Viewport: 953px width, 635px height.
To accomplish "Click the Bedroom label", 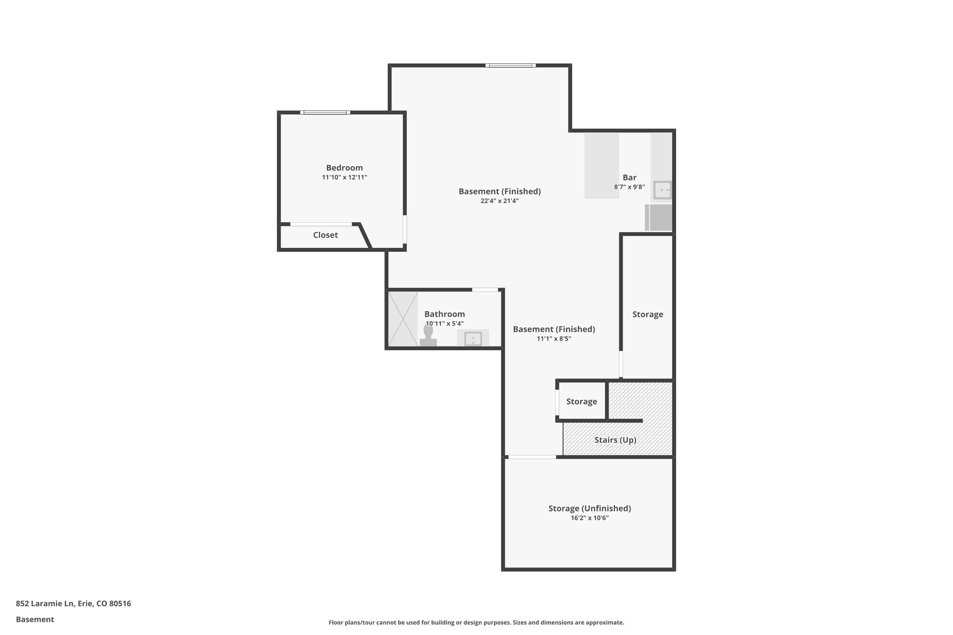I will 344,168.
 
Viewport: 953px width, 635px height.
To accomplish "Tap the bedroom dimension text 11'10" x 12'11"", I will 344,178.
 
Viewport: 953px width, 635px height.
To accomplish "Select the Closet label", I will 325,235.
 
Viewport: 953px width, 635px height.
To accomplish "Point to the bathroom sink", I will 473,339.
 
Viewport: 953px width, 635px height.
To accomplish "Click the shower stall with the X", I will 403,319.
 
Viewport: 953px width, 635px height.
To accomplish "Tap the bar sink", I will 662,190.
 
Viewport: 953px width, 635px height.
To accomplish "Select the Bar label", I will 629,178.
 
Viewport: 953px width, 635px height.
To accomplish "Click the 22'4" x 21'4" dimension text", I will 499,201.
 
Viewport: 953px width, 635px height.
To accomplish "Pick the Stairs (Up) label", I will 615,440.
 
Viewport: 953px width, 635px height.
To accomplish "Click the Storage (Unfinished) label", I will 590,508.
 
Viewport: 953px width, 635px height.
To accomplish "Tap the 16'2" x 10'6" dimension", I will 590,518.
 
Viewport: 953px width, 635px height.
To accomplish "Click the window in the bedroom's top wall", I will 325,113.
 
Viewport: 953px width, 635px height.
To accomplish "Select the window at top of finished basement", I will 510,66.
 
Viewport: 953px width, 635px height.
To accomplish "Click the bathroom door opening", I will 485,290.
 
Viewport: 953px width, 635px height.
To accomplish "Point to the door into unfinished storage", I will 532,457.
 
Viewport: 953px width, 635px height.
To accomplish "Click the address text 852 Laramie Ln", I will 74,604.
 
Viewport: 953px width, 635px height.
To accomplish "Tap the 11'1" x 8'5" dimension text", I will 554,339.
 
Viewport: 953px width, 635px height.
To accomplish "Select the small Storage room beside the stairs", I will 582,401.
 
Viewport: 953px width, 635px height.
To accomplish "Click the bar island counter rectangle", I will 602,166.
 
